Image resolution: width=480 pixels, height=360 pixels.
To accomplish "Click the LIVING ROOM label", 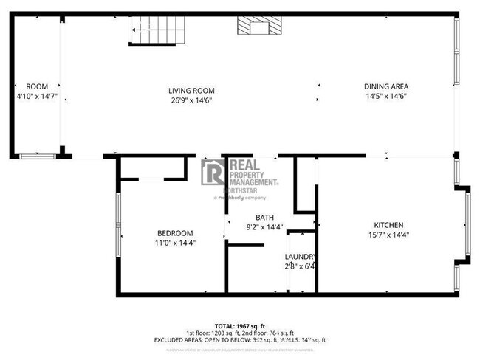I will [196, 91].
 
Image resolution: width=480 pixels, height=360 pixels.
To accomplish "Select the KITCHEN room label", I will [388, 225].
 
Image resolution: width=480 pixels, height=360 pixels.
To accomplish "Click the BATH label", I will [264, 217].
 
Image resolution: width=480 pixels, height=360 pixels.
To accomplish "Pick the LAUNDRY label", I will [301, 257].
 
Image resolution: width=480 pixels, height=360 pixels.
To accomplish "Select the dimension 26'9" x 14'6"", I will [196, 101].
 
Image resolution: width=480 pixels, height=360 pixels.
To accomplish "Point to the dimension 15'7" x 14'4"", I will [388, 235].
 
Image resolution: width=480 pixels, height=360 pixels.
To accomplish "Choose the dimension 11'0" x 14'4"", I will [175, 243].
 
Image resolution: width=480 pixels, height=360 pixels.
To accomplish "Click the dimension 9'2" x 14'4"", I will [264, 227].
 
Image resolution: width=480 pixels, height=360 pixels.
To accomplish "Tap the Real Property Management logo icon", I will [213, 172].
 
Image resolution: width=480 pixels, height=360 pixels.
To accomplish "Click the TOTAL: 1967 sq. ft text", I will [240, 325].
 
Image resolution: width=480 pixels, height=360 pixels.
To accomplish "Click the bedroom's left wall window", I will [117, 221].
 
